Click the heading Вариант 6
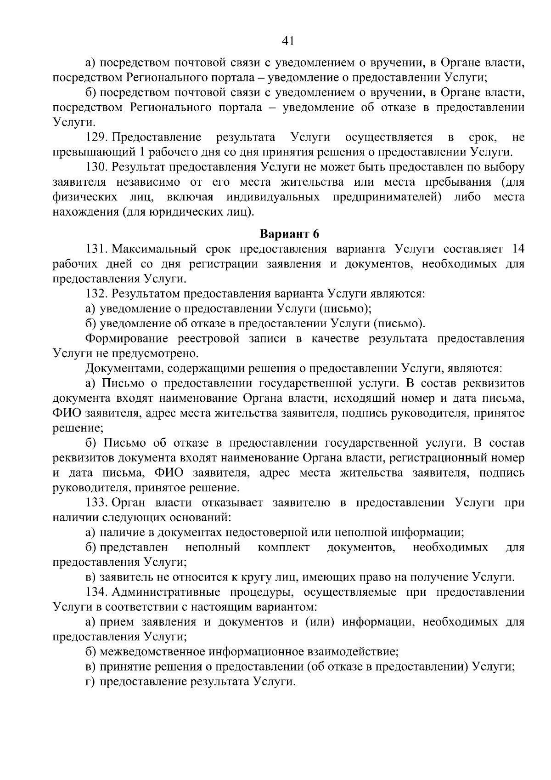[289, 234]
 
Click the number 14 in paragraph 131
[517, 249]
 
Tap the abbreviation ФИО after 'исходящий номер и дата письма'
[67, 413]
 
